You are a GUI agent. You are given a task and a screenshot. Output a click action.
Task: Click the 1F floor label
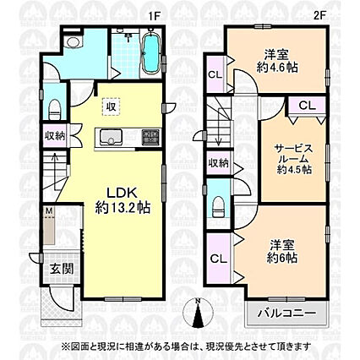click(155, 17)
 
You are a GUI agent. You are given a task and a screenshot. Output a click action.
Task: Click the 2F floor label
click(319, 16)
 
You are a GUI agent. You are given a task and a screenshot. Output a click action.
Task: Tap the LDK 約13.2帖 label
click(122, 200)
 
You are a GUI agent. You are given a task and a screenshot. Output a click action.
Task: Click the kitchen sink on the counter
click(108, 137)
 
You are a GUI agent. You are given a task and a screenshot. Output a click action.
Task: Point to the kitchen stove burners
click(150, 137)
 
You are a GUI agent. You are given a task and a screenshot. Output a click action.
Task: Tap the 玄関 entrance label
click(62, 270)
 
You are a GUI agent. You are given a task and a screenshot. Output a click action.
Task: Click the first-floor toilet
click(55, 109)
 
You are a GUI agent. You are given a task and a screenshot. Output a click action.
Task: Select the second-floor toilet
click(218, 207)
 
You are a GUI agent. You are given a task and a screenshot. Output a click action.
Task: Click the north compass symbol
click(198, 313)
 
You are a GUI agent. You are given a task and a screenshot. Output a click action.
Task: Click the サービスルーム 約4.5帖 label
click(294, 159)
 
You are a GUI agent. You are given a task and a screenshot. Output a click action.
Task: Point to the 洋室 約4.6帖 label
click(277, 61)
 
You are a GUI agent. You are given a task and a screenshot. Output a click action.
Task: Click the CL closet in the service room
click(307, 106)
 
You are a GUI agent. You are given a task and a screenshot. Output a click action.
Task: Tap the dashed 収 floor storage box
click(112, 106)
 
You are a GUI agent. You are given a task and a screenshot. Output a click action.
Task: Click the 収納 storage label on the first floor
click(55, 136)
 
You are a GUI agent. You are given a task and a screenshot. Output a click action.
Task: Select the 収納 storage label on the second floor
click(219, 163)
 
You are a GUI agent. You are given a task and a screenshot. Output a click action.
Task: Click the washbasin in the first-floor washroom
click(73, 41)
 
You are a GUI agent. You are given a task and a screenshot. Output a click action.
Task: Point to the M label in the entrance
click(49, 210)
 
